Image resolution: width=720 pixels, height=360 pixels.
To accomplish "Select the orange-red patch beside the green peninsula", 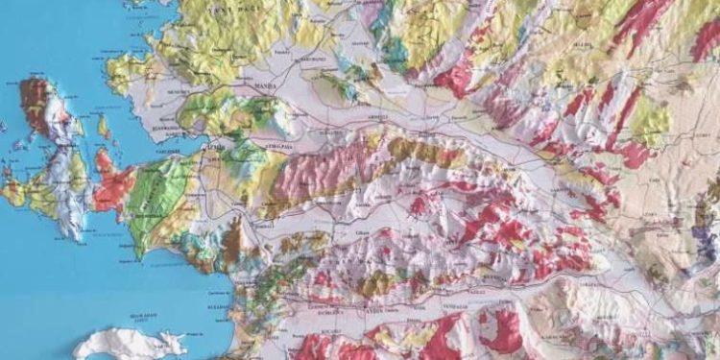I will (112, 182).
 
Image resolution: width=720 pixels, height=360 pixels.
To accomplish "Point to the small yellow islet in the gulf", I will (103, 125).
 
